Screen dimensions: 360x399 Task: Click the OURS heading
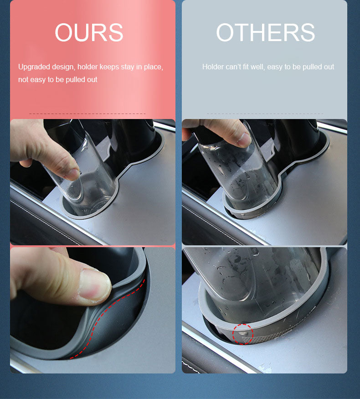(89, 32)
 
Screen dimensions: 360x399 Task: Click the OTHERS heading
(265, 32)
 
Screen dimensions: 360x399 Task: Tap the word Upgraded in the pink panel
(34, 67)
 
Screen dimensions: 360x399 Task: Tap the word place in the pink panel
(154, 67)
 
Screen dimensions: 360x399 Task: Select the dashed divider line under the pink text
(87, 114)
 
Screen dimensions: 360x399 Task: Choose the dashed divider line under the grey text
(265, 114)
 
